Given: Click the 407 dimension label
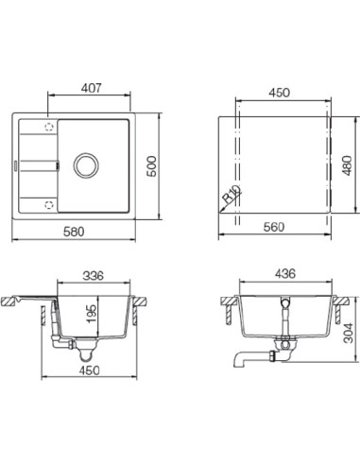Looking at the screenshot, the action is [92, 88].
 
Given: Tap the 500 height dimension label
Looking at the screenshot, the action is [152, 166].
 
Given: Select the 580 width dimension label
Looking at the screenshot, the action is [74, 232].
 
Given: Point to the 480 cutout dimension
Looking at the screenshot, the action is [347, 165].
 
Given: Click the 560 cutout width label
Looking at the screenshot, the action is [274, 227].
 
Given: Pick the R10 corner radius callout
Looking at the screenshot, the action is [231, 194].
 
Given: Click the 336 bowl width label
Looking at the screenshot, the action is [93, 276].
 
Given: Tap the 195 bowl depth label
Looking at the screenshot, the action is [92, 314].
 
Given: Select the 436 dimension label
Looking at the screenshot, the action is [285, 273].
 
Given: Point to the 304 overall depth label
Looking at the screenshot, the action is [349, 333].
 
